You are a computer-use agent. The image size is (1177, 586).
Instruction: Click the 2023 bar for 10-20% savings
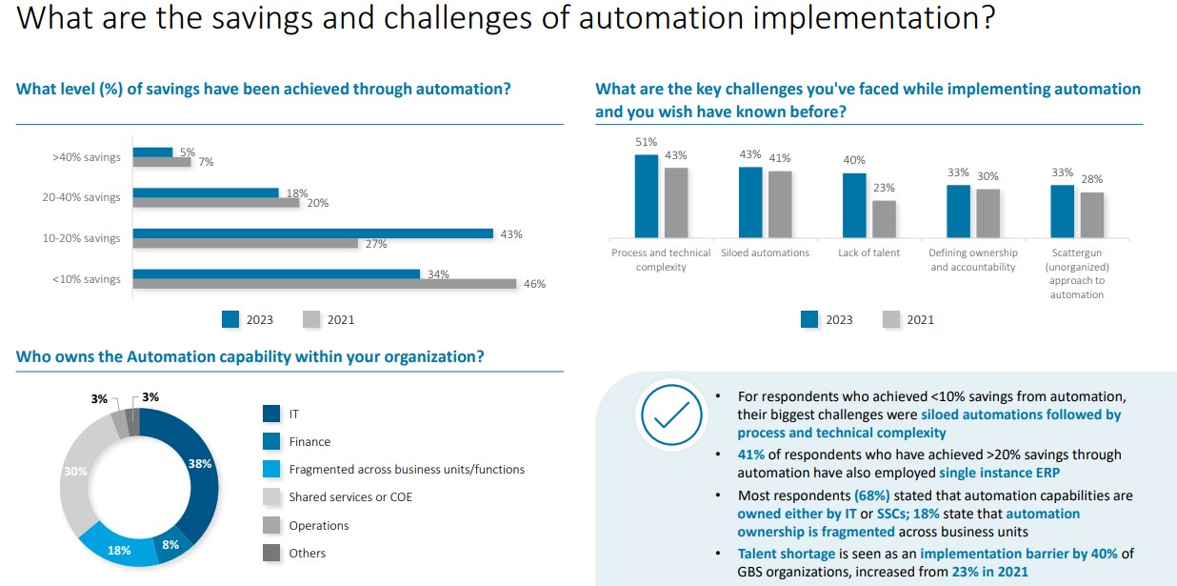[x=312, y=233]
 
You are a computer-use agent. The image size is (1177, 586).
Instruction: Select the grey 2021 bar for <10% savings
[x=324, y=284]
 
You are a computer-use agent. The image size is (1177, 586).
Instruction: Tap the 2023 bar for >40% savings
[x=152, y=152]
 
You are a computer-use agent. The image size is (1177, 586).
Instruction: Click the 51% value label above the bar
[x=646, y=142]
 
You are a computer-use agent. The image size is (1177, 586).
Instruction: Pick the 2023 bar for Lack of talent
[x=854, y=204]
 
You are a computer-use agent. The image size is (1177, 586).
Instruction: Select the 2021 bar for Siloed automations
[x=780, y=203]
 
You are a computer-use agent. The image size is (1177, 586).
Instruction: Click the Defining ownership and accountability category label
[x=973, y=260]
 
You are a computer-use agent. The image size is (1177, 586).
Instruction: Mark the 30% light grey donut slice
[x=76, y=472]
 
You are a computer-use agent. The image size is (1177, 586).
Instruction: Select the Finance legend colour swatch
[x=271, y=441]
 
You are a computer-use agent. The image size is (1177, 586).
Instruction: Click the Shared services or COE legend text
[x=350, y=497]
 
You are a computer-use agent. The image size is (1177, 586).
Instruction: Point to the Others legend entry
[x=307, y=553]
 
